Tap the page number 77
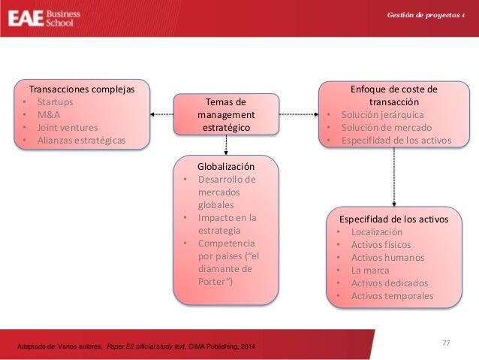pyautogui.click(x=446, y=343)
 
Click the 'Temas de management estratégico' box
pyautogui.click(x=226, y=114)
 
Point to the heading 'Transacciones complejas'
pyautogui.click(x=82, y=89)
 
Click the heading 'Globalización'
pyautogui.click(x=226, y=166)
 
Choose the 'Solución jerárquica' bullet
pyautogui.click(x=382, y=115)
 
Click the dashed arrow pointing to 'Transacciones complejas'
pyautogui.click(x=161, y=114)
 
